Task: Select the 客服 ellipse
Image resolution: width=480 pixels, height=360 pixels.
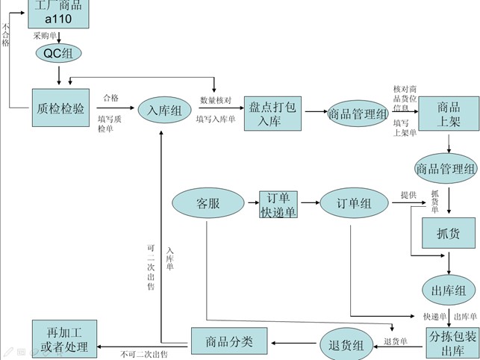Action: pyautogui.click(x=209, y=204)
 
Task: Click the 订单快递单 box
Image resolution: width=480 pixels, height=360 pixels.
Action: pyautogui.click(x=278, y=205)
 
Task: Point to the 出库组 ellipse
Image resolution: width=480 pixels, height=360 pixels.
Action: pyautogui.click(x=449, y=290)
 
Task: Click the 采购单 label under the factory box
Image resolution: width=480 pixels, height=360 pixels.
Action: pyautogui.click(x=45, y=35)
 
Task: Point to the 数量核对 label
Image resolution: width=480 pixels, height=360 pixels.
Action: pyautogui.click(x=216, y=100)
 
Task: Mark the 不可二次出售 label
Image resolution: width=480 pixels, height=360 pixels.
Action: pyautogui.click(x=143, y=354)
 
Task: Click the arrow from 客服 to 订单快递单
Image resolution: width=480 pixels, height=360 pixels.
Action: pyautogui.click(x=252, y=204)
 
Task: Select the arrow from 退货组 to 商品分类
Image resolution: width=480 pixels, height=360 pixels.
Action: pyautogui.click(x=294, y=344)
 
